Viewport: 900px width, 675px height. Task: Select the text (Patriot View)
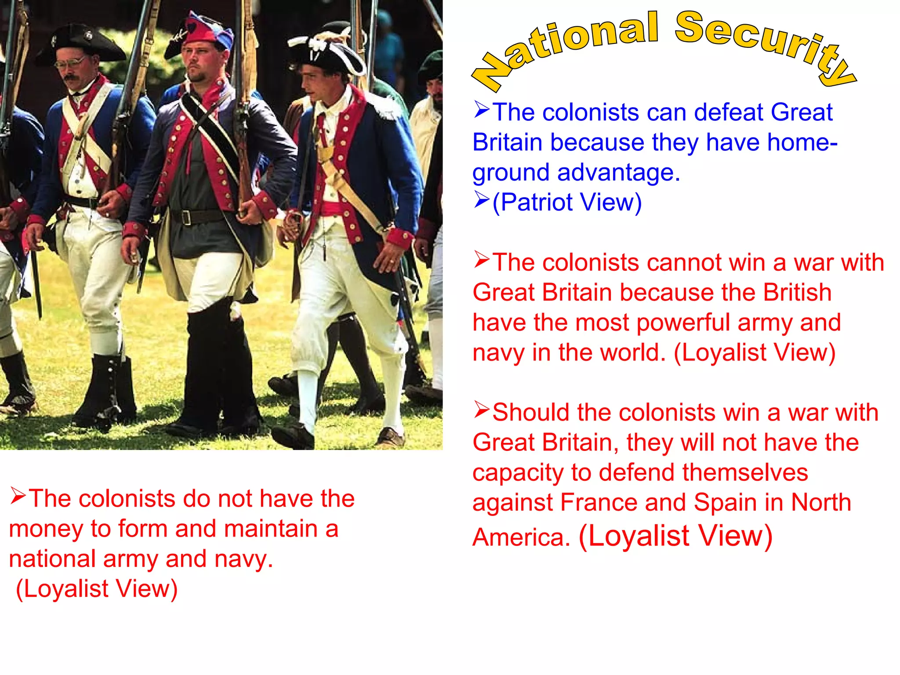(567, 203)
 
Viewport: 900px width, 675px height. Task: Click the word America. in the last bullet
(521, 537)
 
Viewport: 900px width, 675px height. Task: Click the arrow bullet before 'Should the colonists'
(482, 410)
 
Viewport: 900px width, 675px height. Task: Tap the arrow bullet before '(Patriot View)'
(482, 200)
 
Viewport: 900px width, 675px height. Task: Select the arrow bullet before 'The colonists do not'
(18, 496)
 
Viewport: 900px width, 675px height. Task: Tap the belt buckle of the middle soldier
(187, 218)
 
